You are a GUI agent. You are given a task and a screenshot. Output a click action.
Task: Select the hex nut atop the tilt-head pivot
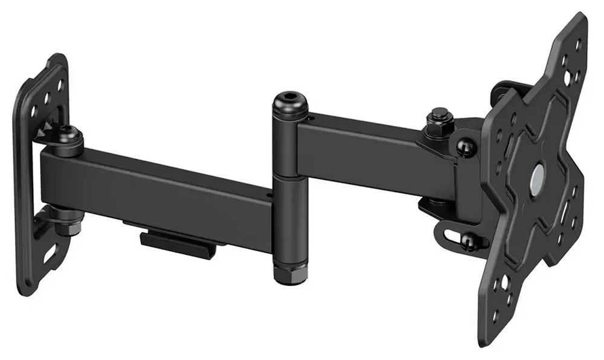[x=439, y=115]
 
